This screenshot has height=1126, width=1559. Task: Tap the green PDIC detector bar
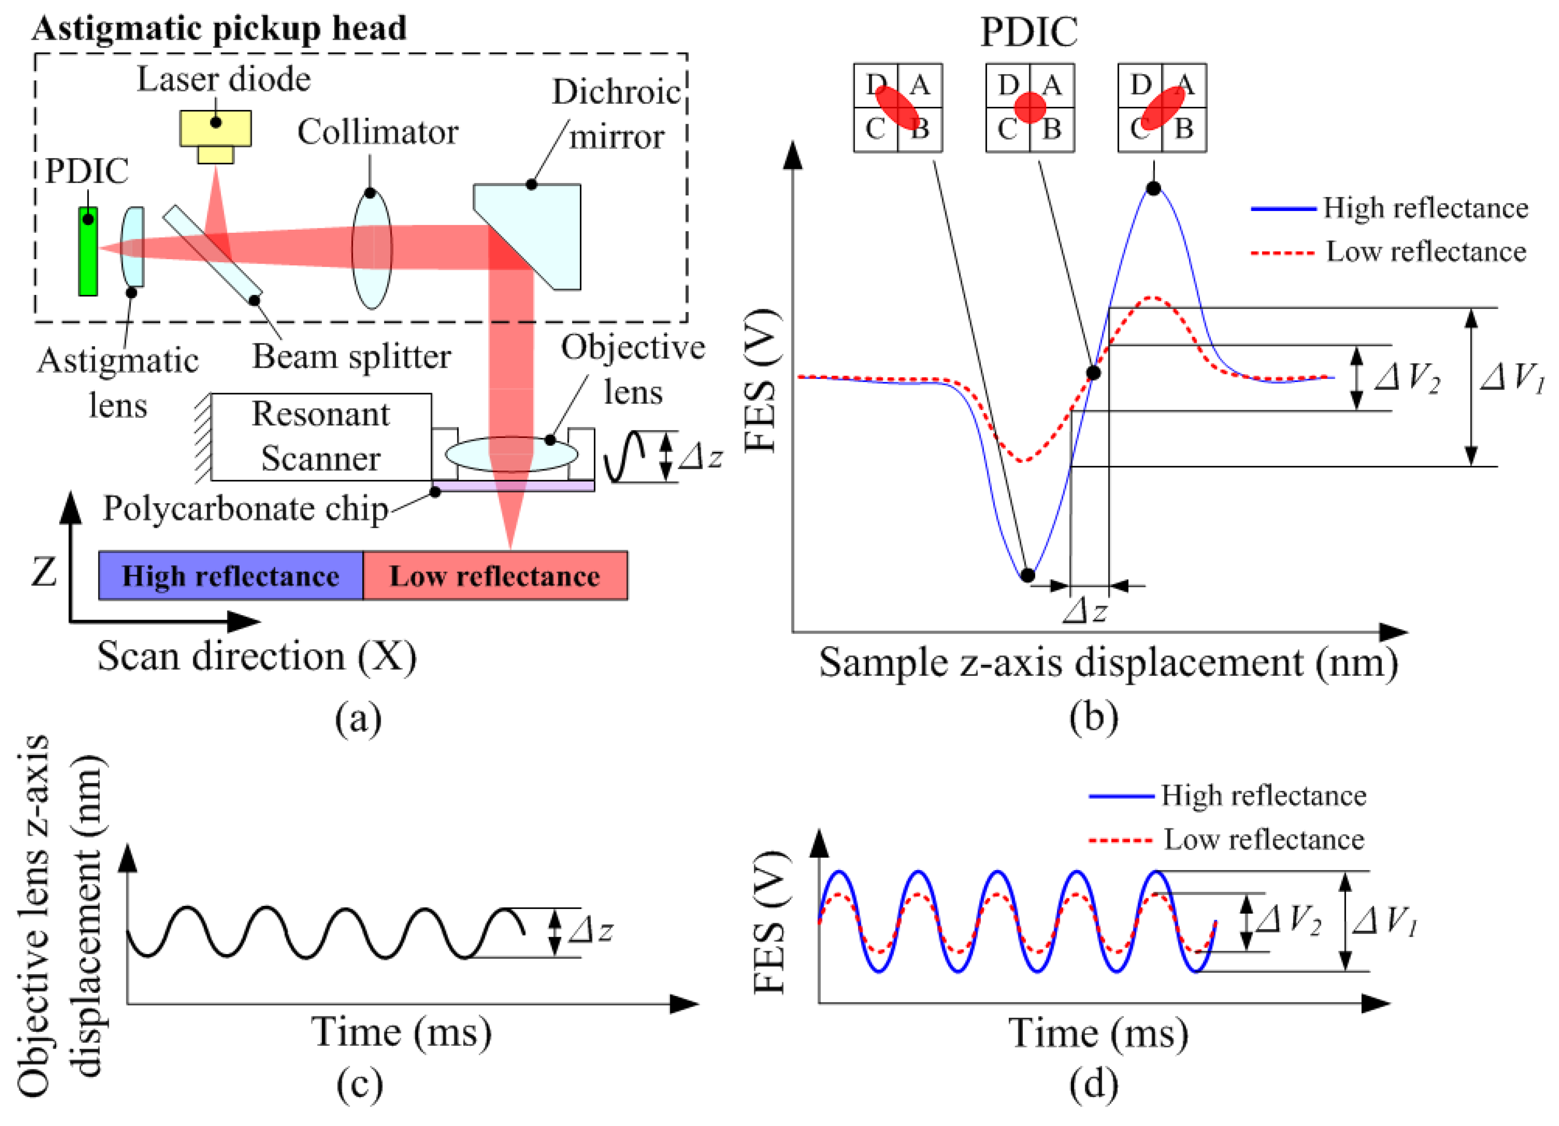click(88, 251)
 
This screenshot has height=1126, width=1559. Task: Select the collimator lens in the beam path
click(372, 249)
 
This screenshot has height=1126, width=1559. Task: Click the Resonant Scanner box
click(321, 437)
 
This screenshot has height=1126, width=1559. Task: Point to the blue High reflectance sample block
click(230, 575)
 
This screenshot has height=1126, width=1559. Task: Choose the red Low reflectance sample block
click(495, 575)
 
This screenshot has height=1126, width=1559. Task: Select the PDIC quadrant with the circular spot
click(1030, 108)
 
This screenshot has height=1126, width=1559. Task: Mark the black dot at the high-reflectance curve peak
click(1153, 188)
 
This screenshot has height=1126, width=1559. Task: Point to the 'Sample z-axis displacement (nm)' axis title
click(1108, 663)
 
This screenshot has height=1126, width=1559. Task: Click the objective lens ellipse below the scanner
click(511, 454)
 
